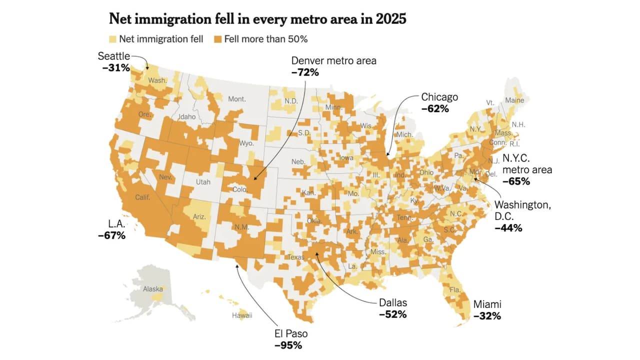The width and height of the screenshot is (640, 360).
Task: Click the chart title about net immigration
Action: [258, 19]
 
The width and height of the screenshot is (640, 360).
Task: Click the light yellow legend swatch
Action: [112, 39]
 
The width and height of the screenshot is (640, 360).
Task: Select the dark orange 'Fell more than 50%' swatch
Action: [217, 39]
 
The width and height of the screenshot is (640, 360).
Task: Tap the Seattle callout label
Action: [113, 56]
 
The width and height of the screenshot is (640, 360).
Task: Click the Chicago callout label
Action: [439, 97]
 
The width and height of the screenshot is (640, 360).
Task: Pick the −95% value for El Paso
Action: [288, 345]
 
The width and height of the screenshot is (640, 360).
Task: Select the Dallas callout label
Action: [393, 302]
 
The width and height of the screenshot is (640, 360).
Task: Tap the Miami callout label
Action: [487, 304]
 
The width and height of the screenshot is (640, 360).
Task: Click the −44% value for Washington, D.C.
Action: [508, 228]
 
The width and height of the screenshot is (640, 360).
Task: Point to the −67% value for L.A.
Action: [111, 235]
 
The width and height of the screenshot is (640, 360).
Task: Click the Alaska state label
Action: [152, 289]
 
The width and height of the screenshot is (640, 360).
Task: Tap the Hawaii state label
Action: [242, 315]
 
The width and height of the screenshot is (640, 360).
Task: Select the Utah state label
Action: [203, 182]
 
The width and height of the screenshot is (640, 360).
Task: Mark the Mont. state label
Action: [237, 99]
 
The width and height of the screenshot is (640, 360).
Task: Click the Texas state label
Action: [295, 257]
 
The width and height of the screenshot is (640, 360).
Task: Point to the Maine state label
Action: [514, 100]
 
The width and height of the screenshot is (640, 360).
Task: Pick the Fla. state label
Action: [454, 289]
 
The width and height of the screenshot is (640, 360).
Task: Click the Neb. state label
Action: [298, 162]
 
